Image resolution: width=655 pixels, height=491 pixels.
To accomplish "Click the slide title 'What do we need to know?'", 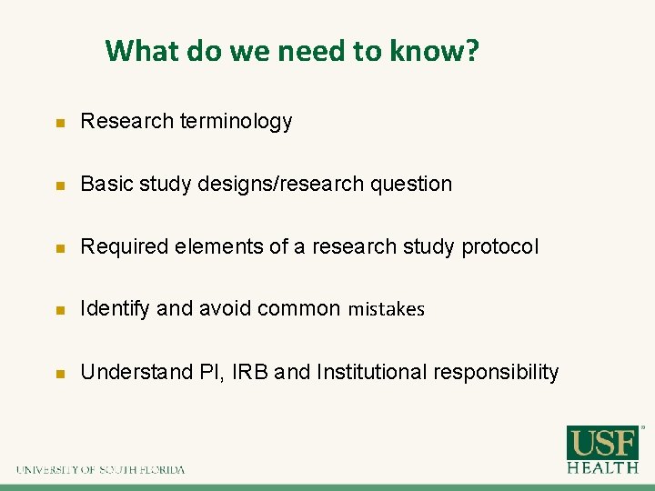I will point(291,51).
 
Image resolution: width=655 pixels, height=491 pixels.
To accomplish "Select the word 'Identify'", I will point(116,309).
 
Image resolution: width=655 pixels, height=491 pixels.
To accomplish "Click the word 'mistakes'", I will point(386,309).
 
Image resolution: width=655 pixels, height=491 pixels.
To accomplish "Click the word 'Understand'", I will point(129,372).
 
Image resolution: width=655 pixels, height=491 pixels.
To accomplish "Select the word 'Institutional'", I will point(371,372).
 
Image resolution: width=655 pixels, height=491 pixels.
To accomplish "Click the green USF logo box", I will point(602,443).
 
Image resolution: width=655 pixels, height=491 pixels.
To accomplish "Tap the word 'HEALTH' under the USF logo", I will point(602,466).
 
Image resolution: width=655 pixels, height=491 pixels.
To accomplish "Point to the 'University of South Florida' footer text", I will point(100,470).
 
